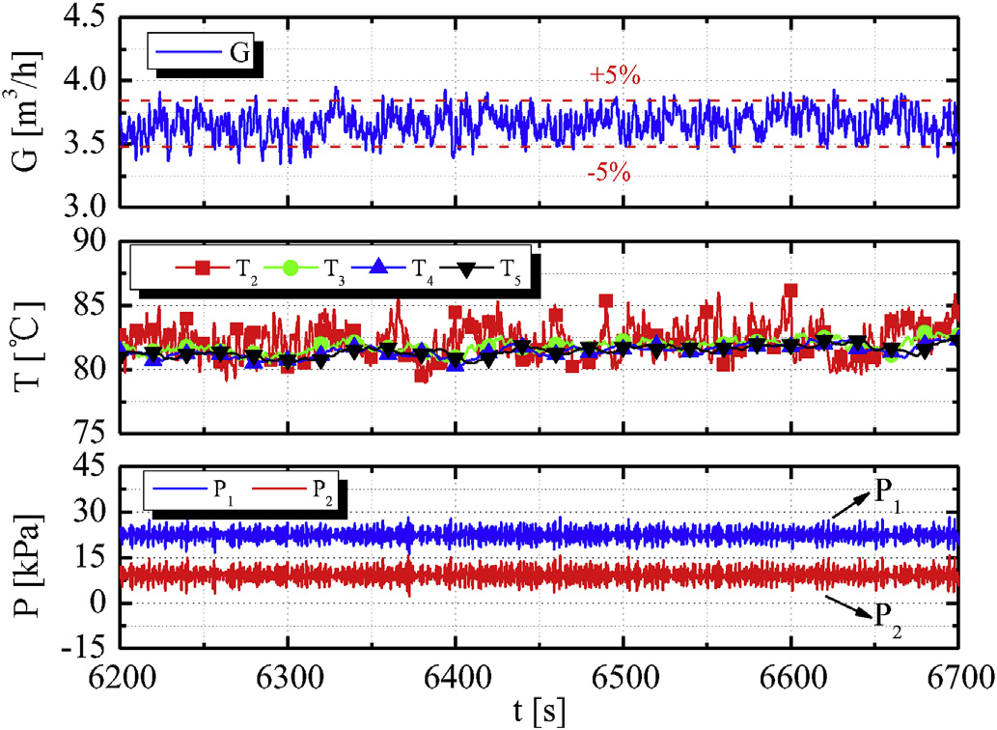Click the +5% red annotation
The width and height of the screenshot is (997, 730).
(615, 77)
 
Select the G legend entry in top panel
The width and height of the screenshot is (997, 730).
(208, 53)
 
